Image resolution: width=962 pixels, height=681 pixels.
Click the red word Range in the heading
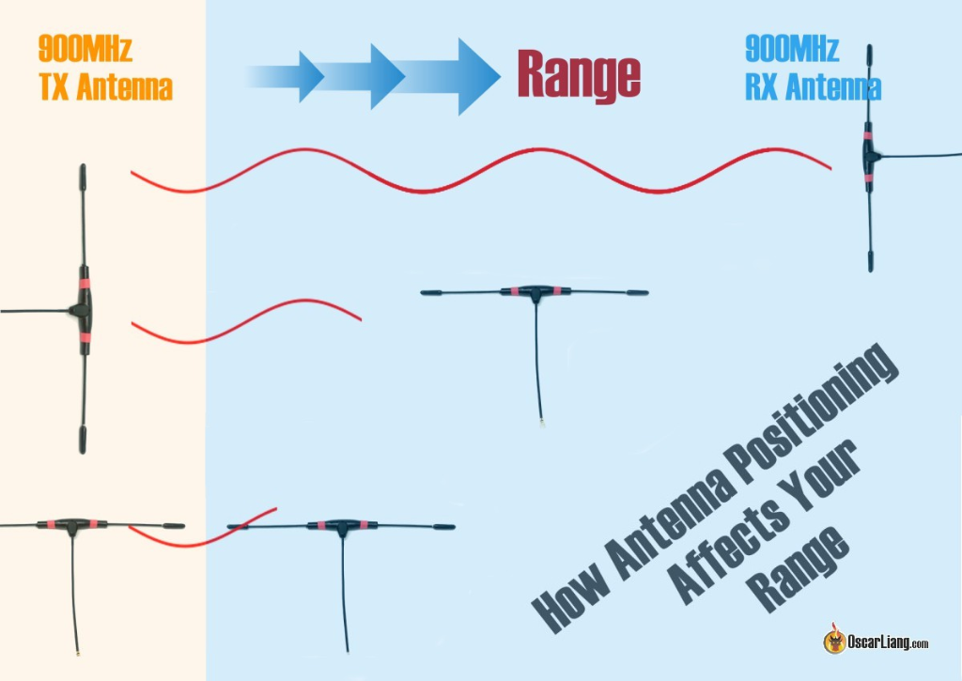(579, 74)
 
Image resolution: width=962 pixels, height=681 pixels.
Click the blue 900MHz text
(792, 48)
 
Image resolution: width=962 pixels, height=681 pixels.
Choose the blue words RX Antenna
(813, 88)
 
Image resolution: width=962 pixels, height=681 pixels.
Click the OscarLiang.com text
(887, 643)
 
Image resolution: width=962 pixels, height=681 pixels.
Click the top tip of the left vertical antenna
(82, 172)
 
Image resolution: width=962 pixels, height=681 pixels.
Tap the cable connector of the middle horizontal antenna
(543, 426)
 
